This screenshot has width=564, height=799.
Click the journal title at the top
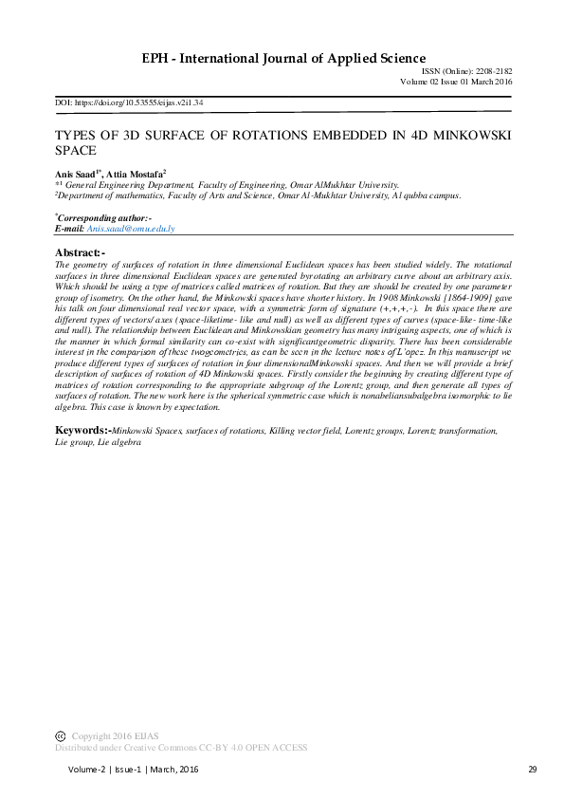coord(282,58)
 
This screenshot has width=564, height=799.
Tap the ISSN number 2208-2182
coord(493,71)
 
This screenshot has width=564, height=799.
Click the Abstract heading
coord(80,251)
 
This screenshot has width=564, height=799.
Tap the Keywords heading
coord(83,430)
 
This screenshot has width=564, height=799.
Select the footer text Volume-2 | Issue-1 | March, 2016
coord(132,768)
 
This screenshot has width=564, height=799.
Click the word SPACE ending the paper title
coord(77,150)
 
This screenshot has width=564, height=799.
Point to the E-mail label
coord(70,229)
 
